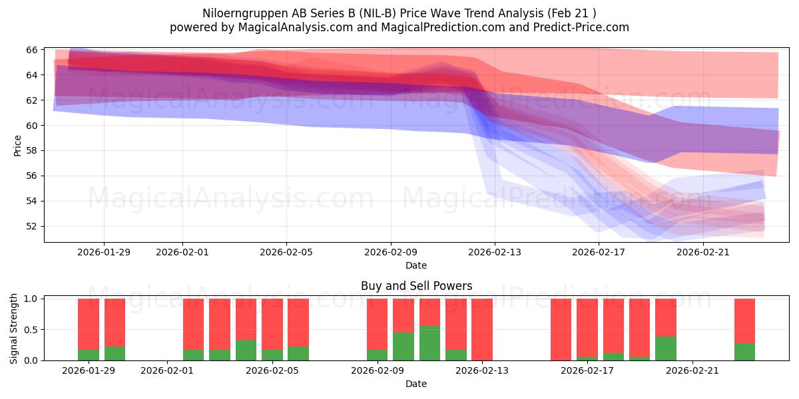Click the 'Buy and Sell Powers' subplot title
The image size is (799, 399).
[416, 286]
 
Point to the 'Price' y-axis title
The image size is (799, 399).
[18, 145]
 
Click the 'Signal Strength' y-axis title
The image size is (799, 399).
[14, 328]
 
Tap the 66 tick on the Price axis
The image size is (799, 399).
[31, 50]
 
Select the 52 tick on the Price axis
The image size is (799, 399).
[31, 226]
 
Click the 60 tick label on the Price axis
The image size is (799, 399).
[31, 126]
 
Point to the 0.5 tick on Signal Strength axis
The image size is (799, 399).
[29, 330]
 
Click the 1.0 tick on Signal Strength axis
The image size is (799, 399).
[29, 299]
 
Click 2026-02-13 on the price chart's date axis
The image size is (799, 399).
[495, 252]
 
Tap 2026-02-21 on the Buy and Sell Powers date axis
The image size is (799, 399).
[692, 370]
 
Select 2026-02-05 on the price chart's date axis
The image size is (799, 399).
[286, 252]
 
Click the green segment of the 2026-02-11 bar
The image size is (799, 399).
[429, 343]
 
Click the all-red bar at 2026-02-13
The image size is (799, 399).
[481, 329]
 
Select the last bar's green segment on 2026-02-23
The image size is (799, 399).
[744, 352]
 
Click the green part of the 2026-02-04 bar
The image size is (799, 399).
[246, 350]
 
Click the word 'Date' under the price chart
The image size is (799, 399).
[416, 265]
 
